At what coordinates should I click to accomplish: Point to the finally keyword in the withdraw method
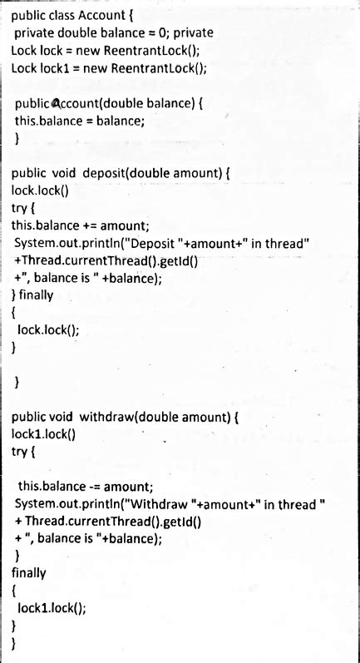click(x=29, y=573)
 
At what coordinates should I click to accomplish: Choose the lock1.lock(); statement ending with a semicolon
click(x=51, y=608)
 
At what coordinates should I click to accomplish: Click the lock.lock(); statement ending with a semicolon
click(x=47, y=329)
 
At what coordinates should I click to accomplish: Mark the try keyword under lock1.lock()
click(x=23, y=450)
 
